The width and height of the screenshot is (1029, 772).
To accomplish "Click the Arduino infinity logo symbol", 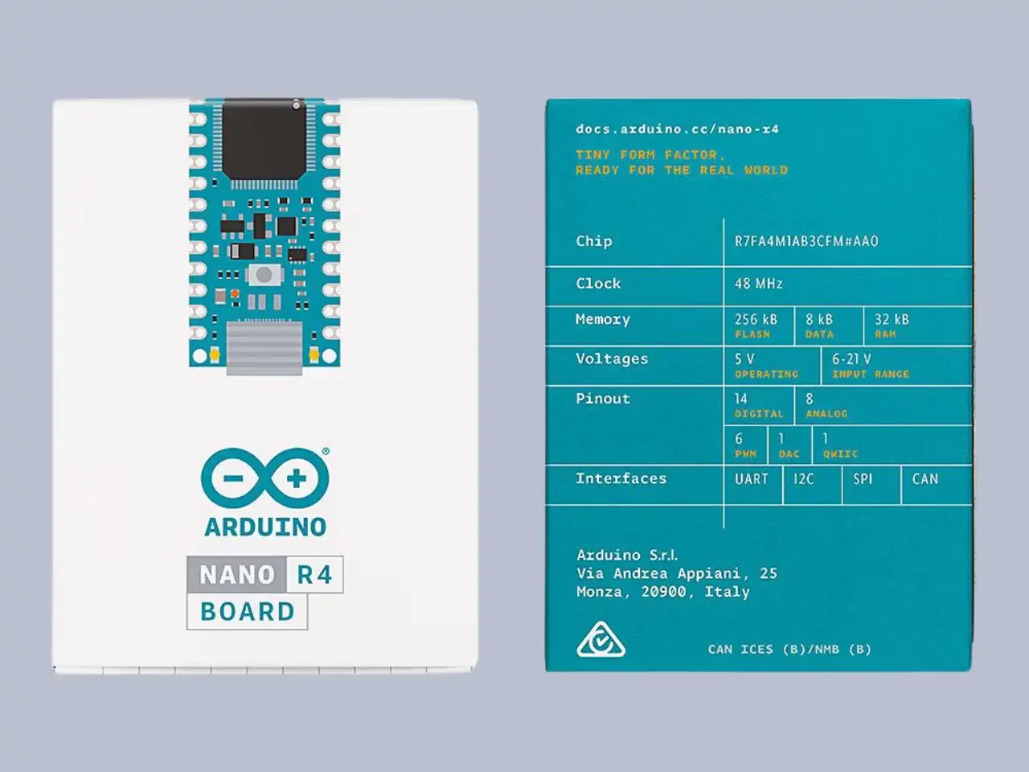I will pyautogui.click(x=264, y=479).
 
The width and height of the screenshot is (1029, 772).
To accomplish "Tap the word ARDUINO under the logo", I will pyautogui.click(x=265, y=527).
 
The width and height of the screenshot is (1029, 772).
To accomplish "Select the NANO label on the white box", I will pyautogui.click(x=237, y=575).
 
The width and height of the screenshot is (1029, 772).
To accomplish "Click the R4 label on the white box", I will pyautogui.click(x=314, y=575).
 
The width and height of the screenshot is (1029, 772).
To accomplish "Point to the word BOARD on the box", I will pyautogui.click(x=248, y=612).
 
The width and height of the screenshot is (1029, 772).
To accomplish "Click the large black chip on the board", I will pyautogui.click(x=264, y=140).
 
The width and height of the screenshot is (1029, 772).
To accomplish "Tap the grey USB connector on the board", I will pyautogui.click(x=264, y=347).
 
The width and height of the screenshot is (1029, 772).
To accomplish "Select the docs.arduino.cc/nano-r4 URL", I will pyautogui.click(x=677, y=129).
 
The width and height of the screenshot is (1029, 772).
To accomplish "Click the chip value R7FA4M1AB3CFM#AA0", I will pyautogui.click(x=806, y=241).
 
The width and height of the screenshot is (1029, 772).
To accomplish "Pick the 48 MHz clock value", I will pyautogui.click(x=758, y=284).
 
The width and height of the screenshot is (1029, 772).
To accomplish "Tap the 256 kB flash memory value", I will pyautogui.click(x=756, y=319).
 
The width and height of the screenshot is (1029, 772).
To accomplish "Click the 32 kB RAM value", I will pyautogui.click(x=892, y=319).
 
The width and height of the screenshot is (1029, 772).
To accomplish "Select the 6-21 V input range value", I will pyautogui.click(x=851, y=359).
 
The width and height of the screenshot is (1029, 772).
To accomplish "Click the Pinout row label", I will pyautogui.click(x=603, y=399).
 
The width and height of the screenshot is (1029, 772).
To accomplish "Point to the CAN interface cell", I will pyautogui.click(x=924, y=479).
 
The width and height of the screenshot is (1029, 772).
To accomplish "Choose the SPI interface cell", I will pyautogui.click(x=863, y=479).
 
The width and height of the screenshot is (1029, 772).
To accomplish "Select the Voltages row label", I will pyautogui.click(x=612, y=359).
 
